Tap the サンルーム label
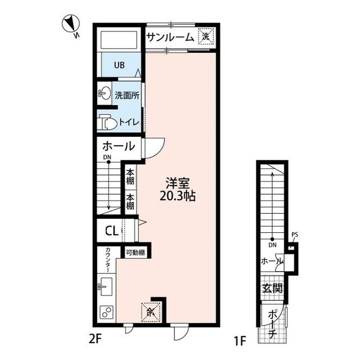[x=170, y=38]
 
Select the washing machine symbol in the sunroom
[x=206, y=37]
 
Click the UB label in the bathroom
[x=119, y=65]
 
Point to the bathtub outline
[x=119, y=40]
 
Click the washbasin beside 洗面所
[x=104, y=93]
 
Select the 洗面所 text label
[x=127, y=95]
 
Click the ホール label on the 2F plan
[x=119, y=146]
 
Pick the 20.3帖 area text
[x=178, y=196]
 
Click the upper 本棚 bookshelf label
[x=130, y=177]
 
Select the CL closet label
[x=111, y=231]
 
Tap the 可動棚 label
[x=135, y=253]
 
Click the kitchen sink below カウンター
[x=106, y=286]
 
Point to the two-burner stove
[x=106, y=312]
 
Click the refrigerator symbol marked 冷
[x=150, y=312]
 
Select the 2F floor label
[x=95, y=339]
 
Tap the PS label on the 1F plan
[x=295, y=235]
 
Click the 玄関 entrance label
[x=272, y=288]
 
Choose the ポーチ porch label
[x=272, y=324]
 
